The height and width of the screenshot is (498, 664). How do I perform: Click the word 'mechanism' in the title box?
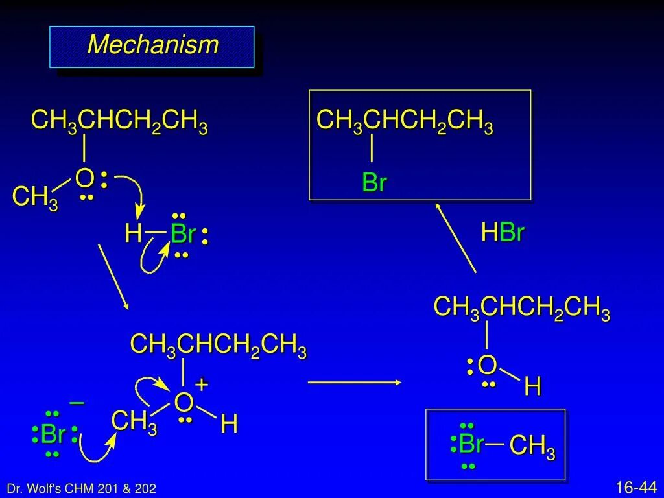coord(152,45)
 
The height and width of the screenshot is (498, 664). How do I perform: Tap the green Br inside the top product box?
coord(374,183)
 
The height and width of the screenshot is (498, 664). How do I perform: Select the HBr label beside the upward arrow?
coord(503,233)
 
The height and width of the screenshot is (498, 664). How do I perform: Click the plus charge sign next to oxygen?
coord(202,384)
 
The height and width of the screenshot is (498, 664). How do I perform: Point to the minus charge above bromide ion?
coord(77,403)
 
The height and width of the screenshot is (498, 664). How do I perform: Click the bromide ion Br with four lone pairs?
coord(53,434)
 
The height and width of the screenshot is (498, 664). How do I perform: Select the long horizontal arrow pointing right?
coord(355,383)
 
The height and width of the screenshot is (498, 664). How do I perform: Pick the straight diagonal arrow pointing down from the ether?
coord(113,276)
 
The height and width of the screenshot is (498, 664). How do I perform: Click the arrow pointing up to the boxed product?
coord(456,237)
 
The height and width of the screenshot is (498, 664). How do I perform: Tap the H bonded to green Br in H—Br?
coord(134,234)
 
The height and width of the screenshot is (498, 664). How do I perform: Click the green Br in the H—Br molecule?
coord(184,234)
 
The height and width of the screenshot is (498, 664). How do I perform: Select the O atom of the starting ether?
coord(84,177)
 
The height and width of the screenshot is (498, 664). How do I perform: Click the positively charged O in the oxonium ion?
coord(184,403)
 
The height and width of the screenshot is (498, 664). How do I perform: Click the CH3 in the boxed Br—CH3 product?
coord(532,447)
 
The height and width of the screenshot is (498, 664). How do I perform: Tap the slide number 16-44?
coord(636,486)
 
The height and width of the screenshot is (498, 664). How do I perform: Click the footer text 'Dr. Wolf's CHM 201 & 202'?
coord(81,488)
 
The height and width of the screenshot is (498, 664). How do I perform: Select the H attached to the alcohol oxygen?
coord(532,388)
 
